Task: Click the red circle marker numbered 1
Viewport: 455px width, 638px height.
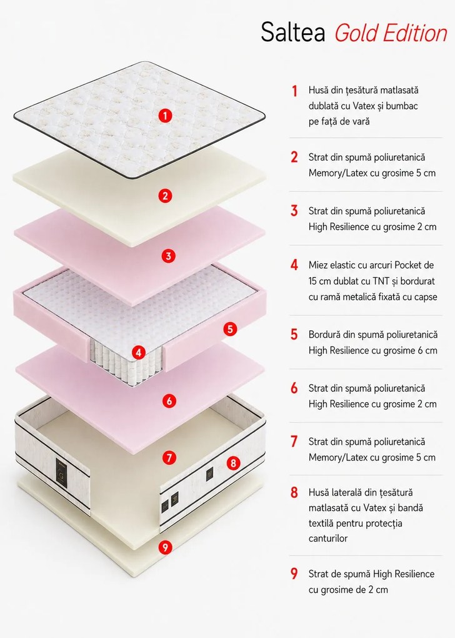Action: click(x=165, y=116)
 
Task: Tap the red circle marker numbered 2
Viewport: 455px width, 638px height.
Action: click(x=165, y=196)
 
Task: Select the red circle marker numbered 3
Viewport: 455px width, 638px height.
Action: click(x=168, y=256)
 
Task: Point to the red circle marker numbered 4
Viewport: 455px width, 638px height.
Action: click(x=139, y=352)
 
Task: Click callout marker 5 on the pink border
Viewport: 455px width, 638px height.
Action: click(x=230, y=329)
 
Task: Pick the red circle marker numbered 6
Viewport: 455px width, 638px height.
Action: click(x=169, y=401)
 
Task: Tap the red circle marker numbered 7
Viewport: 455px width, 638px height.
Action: click(x=169, y=458)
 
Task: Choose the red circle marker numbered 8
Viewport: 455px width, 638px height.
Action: click(x=233, y=463)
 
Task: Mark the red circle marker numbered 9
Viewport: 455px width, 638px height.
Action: click(x=165, y=547)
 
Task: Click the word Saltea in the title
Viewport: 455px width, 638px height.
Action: click(x=292, y=32)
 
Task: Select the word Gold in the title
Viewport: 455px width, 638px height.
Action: click(x=356, y=33)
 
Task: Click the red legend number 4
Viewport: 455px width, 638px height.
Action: click(x=294, y=265)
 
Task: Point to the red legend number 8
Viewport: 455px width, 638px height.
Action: click(x=294, y=492)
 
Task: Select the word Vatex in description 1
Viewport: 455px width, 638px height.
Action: click(x=364, y=106)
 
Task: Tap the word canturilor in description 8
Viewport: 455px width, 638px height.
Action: click(x=328, y=539)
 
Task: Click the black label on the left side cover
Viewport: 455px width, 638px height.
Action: click(x=61, y=472)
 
